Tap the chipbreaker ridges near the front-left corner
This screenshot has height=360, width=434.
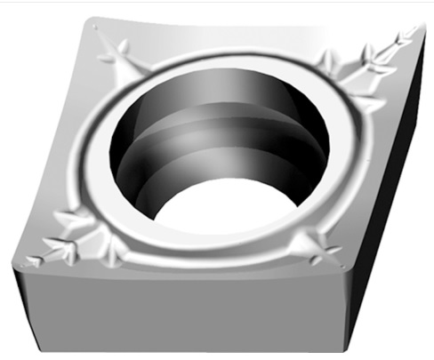click(71, 244)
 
